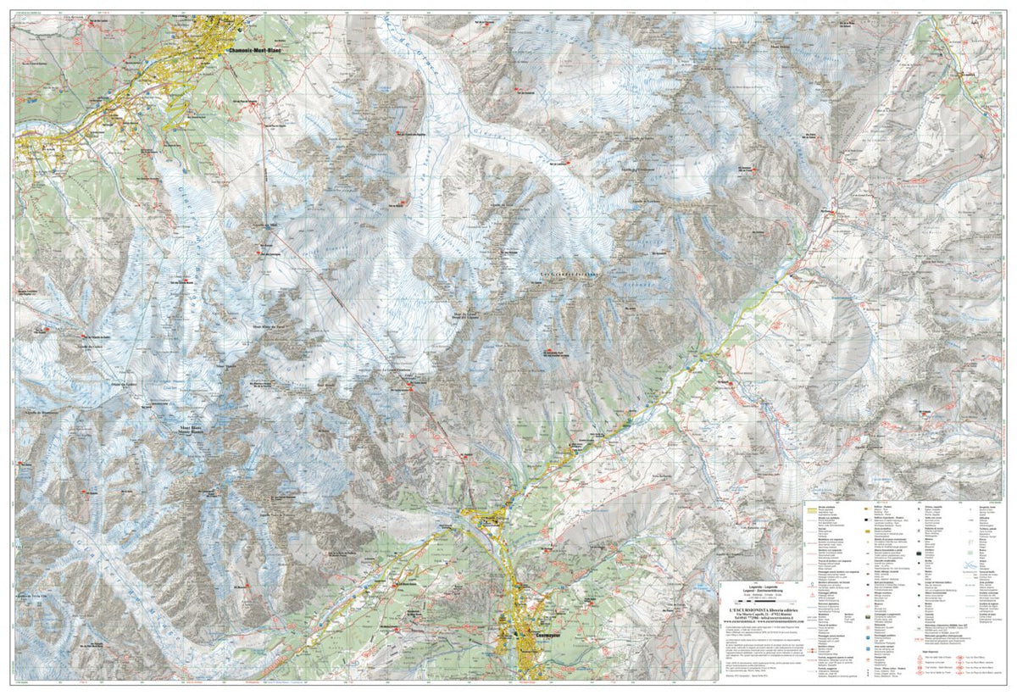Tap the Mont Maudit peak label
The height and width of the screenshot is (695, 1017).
click(x=226, y=366)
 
